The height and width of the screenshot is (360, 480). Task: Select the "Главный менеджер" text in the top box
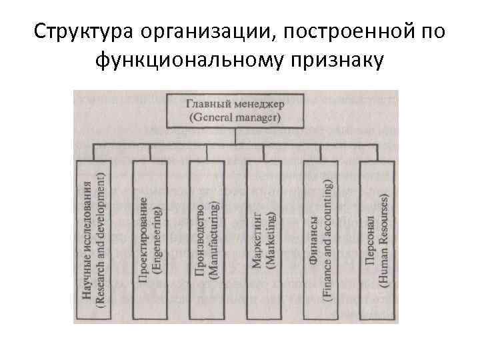(233, 105)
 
